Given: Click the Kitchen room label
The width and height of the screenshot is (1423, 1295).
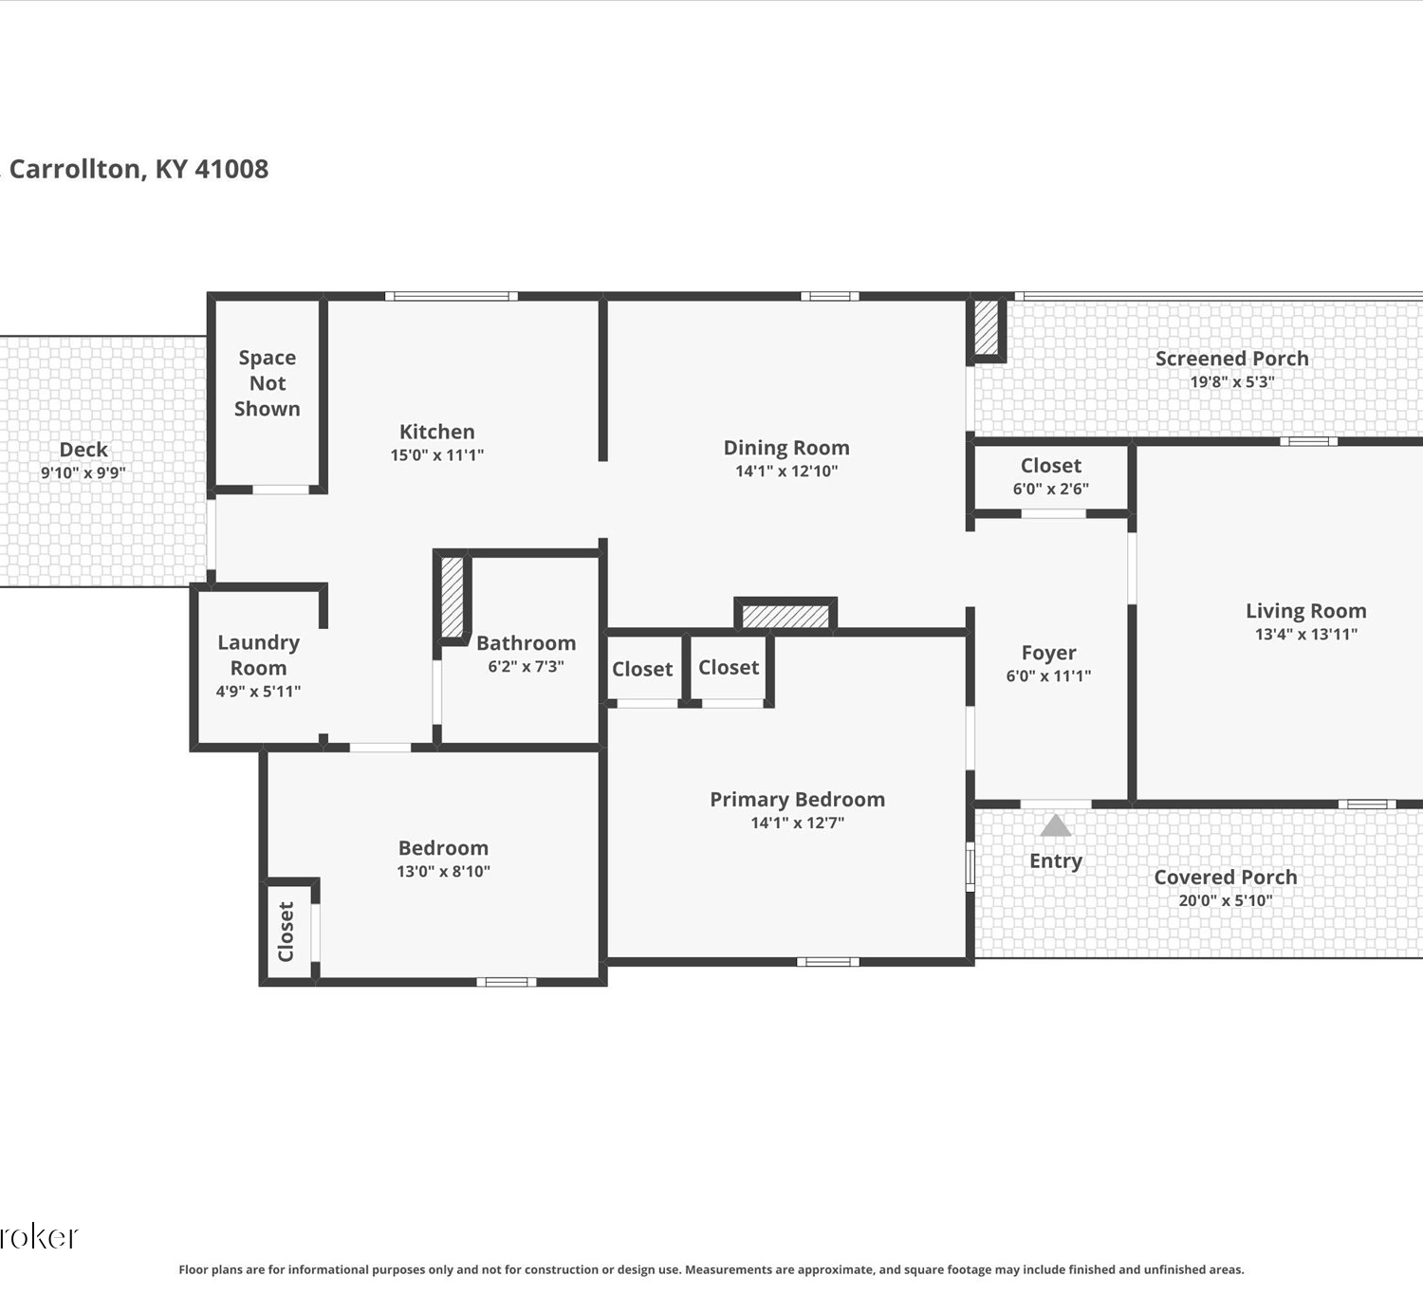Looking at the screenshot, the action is pos(437,432).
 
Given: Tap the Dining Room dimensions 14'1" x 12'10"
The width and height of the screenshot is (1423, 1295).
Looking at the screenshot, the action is pos(786,472).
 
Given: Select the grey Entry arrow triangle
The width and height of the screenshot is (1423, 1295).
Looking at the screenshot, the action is pos(1056,825).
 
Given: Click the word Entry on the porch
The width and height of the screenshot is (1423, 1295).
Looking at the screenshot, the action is pos(1056,860).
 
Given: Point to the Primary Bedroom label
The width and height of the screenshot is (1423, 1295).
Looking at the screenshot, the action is pos(797,800).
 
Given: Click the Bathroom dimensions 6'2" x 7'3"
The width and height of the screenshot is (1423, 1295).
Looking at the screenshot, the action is pos(526,666).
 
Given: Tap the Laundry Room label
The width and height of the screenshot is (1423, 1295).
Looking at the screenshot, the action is pos(258,655).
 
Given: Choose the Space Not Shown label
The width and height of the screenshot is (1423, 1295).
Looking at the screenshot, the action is pos(268,383).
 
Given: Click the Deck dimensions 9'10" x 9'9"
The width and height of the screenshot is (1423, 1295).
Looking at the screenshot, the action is pos(83,472).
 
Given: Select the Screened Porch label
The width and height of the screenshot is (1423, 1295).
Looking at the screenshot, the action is pos(1232,359).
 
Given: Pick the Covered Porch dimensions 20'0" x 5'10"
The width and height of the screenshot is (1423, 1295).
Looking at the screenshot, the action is pos(1226,900).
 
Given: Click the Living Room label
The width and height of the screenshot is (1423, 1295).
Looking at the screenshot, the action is pos(1306,611).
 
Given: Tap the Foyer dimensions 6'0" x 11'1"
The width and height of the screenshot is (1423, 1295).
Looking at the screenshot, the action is pos(1048,675).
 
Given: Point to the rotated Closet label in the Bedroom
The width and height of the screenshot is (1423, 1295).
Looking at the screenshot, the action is pos(286,932).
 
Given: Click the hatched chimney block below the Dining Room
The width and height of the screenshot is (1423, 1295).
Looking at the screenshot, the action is pos(785,615).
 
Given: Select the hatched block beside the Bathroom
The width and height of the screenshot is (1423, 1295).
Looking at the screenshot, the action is pos(453,597).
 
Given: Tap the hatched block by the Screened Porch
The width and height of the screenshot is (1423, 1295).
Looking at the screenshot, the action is pos(986,328).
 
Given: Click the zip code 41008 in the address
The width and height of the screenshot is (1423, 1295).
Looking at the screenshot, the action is pos(232,169).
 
